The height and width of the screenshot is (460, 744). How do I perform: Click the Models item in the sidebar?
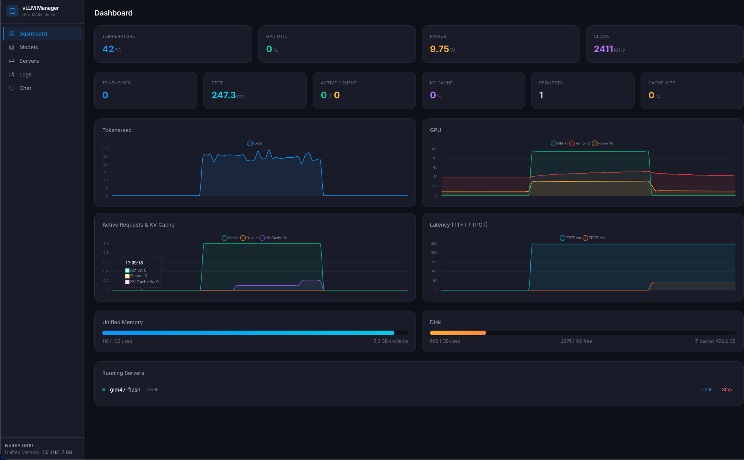tap(28, 47)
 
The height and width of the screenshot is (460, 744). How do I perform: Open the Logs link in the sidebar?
tap(25, 75)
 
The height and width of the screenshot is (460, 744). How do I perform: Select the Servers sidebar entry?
tap(29, 61)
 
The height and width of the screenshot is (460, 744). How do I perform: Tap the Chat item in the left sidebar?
tap(25, 88)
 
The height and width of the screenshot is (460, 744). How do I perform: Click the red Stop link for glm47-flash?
tap(727, 390)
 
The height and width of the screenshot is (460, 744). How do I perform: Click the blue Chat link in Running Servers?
tap(706, 390)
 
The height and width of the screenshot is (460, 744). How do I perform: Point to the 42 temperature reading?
tap(108, 49)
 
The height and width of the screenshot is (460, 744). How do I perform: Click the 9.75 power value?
tap(439, 49)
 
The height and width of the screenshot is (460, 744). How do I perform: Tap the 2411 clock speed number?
tap(603, 49)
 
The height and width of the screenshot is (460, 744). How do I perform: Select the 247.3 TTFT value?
tap(224, 95)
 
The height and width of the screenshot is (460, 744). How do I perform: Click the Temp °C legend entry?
tap(580, 143)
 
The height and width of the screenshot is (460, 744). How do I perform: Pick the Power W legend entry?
tap(603, 143)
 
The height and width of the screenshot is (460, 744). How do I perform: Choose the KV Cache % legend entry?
tap(274, 238)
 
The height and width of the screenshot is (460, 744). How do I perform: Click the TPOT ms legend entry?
tap(594, 238)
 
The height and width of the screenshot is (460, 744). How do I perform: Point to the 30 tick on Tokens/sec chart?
tap(105, 149)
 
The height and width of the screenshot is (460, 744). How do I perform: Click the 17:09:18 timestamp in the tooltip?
tap(134, 263)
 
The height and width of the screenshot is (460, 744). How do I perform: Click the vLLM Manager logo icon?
tap(13, 11)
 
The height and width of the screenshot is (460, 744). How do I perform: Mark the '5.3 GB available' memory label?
tap(391, 341)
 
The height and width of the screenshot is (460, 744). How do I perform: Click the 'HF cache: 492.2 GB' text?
tap(714, 341)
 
